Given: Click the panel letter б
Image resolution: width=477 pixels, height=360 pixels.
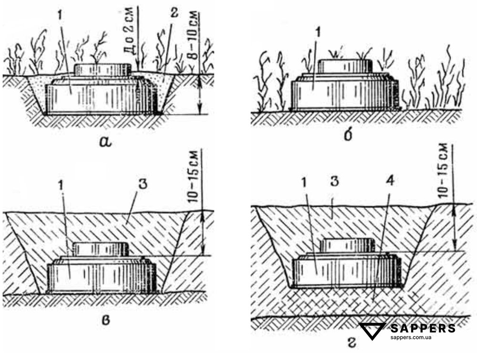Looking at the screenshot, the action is coord(348,135).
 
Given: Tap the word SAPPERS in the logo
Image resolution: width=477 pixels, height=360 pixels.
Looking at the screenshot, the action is coord(423,328).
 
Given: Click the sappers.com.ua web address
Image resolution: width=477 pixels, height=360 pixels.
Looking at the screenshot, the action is coord(411,337).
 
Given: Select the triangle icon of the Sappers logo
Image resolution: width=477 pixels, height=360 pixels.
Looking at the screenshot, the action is coord(373,331).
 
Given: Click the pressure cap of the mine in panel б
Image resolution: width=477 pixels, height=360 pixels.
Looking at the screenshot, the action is coord(345,66).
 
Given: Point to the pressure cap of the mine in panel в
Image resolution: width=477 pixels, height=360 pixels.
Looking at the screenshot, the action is coord(101,249).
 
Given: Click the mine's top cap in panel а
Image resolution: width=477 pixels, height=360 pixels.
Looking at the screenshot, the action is coord(103,70).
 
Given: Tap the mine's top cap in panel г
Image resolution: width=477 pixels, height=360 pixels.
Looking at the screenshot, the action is coord(348,245).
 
